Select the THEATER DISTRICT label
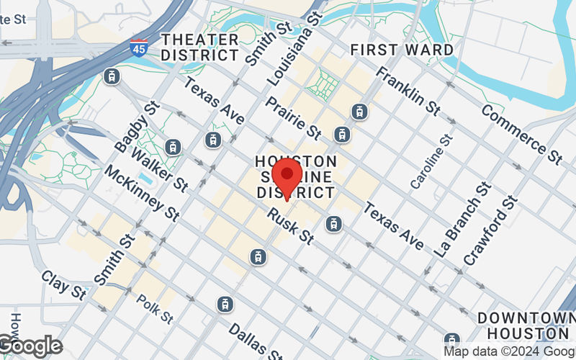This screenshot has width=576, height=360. [200, 47]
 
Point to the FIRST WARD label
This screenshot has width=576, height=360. [402, 50]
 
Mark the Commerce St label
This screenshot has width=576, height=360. [521, 132]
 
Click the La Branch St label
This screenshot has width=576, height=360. [462, 220]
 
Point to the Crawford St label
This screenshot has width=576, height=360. [490, 228]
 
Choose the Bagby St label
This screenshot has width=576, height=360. [136, 127]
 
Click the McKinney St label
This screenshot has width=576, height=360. [142, 192]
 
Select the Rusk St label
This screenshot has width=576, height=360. [291, 224]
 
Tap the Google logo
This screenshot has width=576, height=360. [30, 346]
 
